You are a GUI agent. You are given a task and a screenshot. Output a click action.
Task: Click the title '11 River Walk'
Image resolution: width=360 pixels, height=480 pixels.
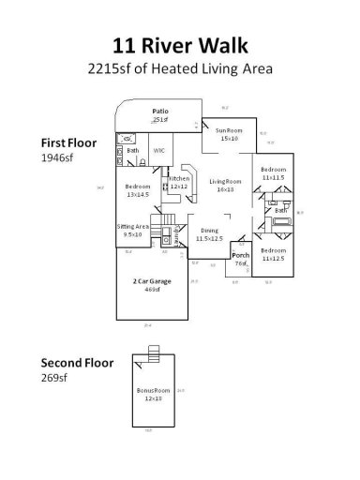point(179,43)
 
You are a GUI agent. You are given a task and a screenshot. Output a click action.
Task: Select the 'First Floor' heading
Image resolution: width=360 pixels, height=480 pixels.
point(67,142)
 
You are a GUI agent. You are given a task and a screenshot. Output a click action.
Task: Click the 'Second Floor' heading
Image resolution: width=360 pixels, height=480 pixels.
point(76,362)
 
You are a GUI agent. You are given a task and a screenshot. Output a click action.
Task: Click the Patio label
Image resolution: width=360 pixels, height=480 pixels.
point(160,112)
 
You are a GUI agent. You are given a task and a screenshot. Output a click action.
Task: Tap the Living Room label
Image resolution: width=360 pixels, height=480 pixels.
point(226,181)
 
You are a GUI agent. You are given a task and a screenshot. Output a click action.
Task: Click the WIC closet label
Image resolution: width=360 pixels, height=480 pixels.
point(159,150)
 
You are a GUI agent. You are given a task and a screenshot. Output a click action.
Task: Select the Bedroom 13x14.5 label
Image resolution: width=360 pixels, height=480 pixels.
point(137,187)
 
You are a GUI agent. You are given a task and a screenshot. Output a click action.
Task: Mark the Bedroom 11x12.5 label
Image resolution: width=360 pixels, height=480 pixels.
point(274,251)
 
